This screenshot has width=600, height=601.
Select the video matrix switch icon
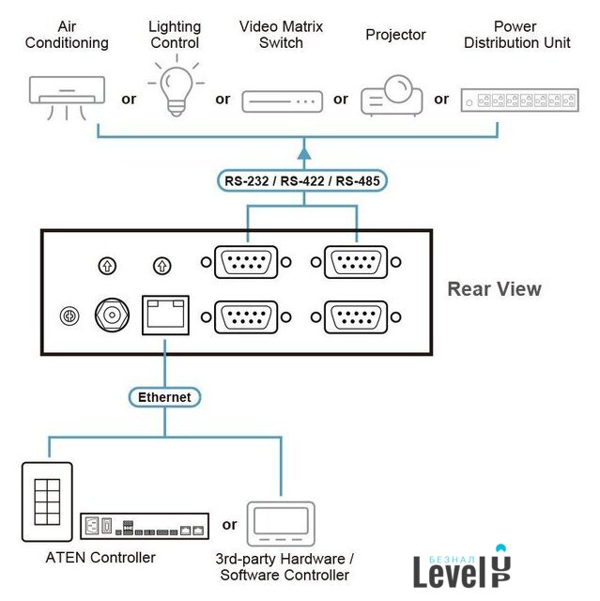[x=282, y=100]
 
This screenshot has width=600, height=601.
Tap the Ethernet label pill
[x=164, y=397]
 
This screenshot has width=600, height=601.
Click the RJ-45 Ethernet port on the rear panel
[x=164, y=314]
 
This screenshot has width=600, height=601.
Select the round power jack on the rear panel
[x=112, y=316]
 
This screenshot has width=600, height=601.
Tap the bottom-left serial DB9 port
[x=247, y=316]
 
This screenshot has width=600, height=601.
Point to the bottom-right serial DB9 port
[x=356, y=316]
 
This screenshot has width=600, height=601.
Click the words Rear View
[x=494, y=289]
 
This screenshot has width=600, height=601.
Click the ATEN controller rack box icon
[x=144, y=527]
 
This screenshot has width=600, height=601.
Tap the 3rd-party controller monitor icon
[x=283, y=521]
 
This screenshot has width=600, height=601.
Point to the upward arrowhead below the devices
[x=303, y=149]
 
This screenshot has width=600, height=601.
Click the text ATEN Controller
[x=100, y=558]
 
